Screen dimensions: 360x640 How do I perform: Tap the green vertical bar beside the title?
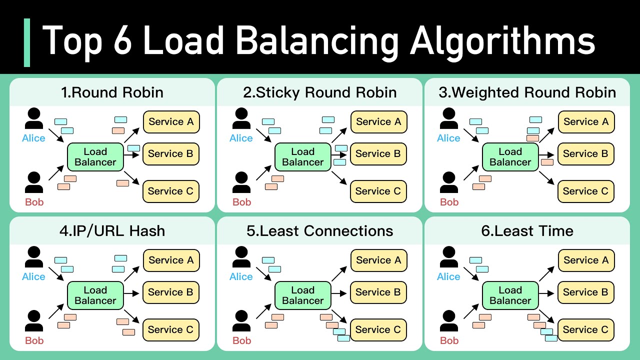coord(27,42)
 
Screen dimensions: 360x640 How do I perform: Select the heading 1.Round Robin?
coord(112,92)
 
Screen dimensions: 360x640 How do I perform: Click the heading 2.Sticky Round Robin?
coord(319,92)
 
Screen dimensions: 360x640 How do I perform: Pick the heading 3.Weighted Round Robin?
coord(527,92)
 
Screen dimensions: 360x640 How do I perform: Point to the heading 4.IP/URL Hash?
coord(112,231)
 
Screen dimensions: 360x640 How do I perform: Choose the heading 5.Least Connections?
coord(319,231)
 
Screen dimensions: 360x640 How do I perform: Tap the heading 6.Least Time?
coord(527,231)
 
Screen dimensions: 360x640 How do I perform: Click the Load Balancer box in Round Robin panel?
coord(95,157)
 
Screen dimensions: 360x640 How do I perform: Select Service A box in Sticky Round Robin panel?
coord(378,122)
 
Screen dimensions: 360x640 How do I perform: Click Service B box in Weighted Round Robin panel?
coord(586,154)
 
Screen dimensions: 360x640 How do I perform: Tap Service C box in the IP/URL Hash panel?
coord(171,330)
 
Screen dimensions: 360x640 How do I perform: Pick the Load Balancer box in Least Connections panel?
coord(302,295)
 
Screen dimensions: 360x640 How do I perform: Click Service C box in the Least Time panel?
coord(586,330)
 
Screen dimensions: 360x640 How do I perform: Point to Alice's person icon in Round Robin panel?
coord(34,119)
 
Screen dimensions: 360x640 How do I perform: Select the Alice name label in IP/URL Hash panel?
coord(33,277)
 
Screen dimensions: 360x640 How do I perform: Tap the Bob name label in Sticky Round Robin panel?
coord(241,202)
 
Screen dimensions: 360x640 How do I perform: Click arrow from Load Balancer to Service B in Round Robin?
coord(130,155)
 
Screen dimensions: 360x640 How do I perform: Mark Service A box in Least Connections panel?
coord(378,260)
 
